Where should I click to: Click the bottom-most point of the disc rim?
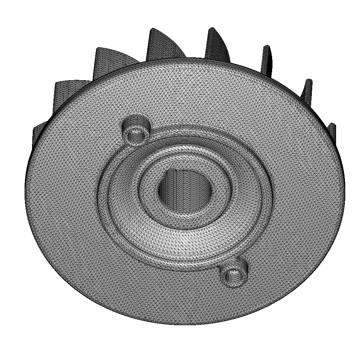tap(186, 324)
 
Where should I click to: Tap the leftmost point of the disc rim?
tap(26, 186)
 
